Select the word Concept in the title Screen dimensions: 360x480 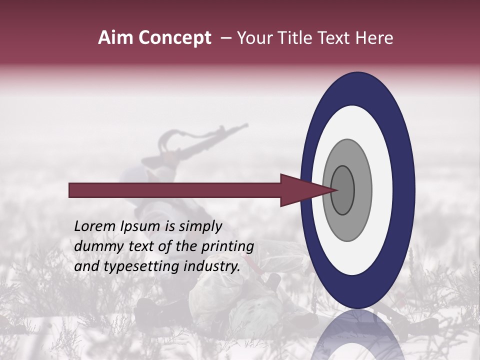click(174, 38)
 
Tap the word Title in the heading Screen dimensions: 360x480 click(295, 38)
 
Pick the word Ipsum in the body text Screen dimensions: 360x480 click(140, 226)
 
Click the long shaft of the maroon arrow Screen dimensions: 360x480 click(175, 190)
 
